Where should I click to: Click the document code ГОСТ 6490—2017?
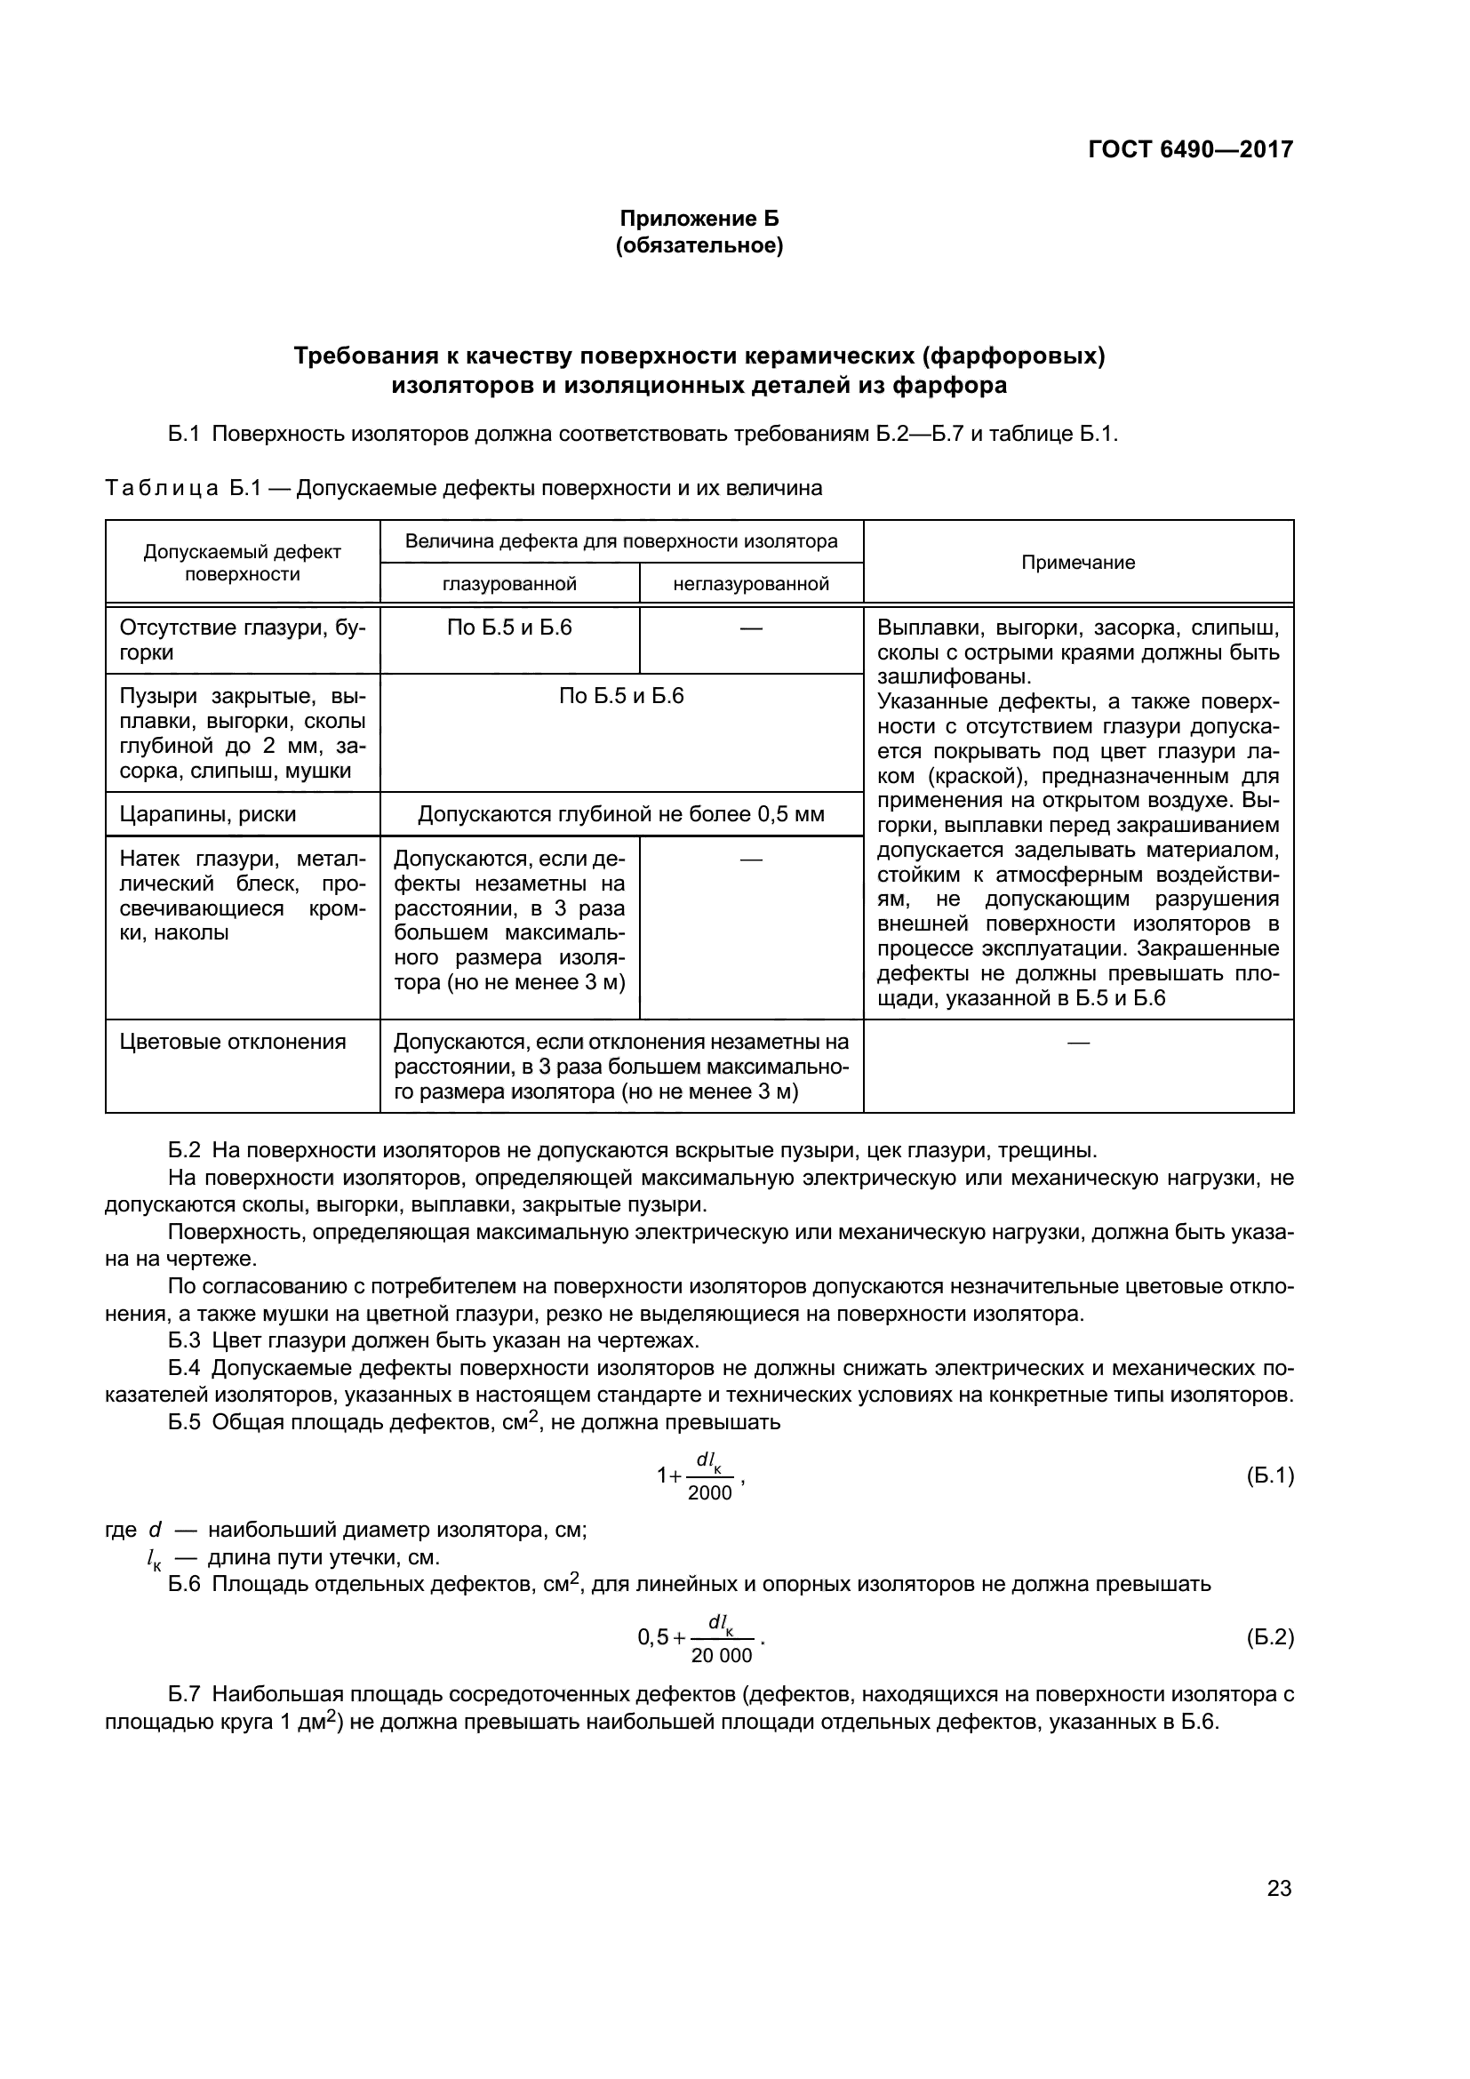click(x=1190, y=149)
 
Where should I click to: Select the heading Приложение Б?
click(x=699, y=219)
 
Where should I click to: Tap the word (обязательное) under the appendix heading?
click(x=699, y=245)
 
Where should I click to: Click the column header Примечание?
click(x=1077, y=563)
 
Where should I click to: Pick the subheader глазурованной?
click(x=509, y=584)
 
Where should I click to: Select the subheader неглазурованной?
click(x=750, y=584)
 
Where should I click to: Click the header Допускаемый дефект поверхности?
click(x=242, y=563)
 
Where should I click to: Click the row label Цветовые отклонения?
click(x=233, y=1042)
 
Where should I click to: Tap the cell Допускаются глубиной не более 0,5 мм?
click(x=621, y=814)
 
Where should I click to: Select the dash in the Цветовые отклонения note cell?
click(x=1077, y=1043)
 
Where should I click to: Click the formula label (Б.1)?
click(x=1270, y=1476)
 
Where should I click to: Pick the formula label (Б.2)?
click(x=1270, y=1637)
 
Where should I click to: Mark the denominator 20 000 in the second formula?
click(x=722, y=1655)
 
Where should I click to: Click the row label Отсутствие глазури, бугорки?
click(x=242, y=640)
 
